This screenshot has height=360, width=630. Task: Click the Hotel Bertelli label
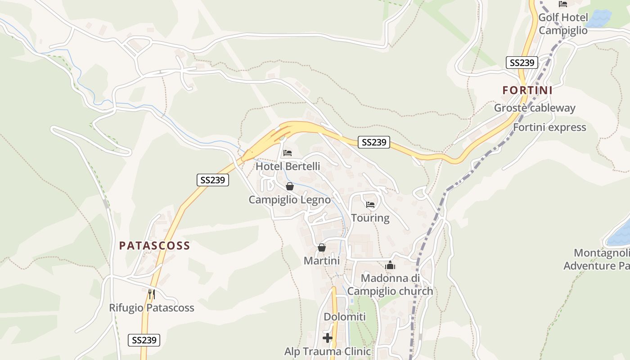(x=288, y=166)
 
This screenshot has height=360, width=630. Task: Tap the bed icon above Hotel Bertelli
(x=288, y=153)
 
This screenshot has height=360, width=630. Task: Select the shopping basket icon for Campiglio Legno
(x=290, y=186)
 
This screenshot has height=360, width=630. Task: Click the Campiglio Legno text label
(x=290, y=200)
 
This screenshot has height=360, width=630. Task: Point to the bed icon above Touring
(x=370, y=205)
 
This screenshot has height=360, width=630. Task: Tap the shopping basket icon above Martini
(x=322, y=247)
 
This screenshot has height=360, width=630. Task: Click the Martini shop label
(x=322, y=261)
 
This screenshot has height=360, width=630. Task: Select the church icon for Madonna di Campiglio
(x=390, y=265)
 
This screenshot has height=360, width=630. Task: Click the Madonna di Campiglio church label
(x=390, y=285)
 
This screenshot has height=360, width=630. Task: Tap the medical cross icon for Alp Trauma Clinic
(x=328, y=337)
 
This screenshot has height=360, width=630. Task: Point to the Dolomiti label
(x=345, y=317)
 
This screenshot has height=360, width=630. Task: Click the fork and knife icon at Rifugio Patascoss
(x=152, y=294)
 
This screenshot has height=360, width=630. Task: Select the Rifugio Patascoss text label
(x=152, y=308)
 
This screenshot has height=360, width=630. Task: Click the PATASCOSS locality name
(x=154, y=246)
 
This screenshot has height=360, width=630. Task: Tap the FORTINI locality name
(x=527, y=90)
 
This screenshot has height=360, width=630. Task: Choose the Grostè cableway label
(x=535, y=108)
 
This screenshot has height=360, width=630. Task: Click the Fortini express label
(x=549, y=127)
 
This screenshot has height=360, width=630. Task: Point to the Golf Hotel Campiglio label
(x=563, y=24)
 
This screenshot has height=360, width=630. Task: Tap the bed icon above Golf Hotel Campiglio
(x=562, y=4)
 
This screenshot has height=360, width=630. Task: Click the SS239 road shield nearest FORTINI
(x=522, y=63)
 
